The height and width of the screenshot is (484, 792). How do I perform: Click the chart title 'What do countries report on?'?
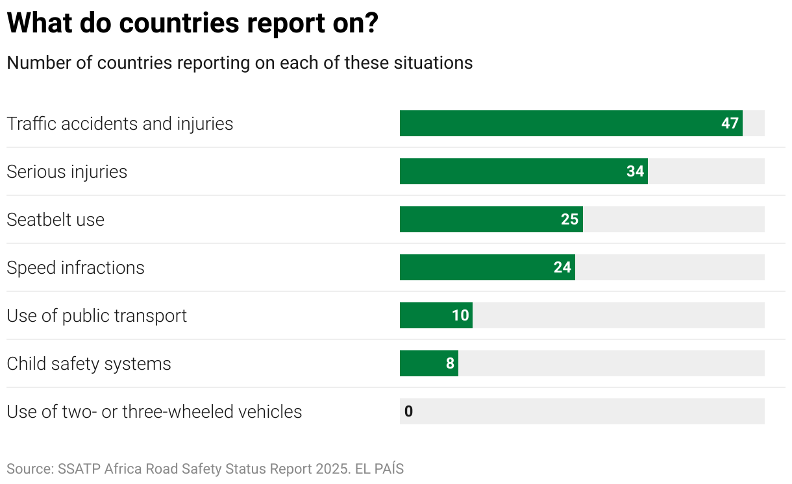coord(192,24)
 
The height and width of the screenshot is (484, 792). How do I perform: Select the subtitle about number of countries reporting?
coord(240,63)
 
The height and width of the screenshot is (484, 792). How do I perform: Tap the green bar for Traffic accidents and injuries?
coord(558,123)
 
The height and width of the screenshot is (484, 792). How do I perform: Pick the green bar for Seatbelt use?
coord(480,219)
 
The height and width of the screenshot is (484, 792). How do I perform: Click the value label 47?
coord(730,123)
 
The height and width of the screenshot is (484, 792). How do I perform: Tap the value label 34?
coord(635,171)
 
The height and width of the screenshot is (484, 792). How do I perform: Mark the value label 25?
coord(569,219)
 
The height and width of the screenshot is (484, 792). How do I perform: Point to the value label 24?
coord(562,267)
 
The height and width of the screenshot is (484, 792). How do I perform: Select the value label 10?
coord(460,315)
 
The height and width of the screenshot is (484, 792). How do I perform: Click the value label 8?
coord(450,363)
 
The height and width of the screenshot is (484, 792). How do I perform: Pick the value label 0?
coord(408,411)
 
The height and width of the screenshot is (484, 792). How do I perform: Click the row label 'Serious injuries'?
coord(67,171)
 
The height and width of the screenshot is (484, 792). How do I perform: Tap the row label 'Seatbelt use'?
coord(55,219)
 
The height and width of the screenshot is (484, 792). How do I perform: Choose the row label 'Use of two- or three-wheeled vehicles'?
coord(154,411)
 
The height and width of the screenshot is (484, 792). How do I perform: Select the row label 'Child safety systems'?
coord(89,363)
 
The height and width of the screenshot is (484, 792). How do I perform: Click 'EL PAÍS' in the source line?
coord(379,468)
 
